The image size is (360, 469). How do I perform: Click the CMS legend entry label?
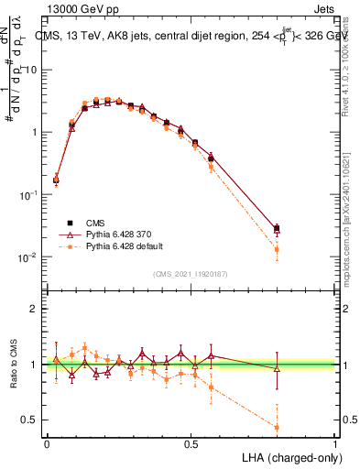pyautogui.click(x=96, y=223)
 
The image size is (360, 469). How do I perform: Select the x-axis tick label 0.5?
pyautogui.click(x=191, y=443)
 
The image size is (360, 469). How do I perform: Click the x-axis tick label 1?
pyautogui.click(x=335, y=443)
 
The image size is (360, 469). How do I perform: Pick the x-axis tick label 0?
pyautogui.click(x=47, y=443)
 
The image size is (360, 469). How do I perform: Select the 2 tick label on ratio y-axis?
pyautogui.click(x=35, y=309)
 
